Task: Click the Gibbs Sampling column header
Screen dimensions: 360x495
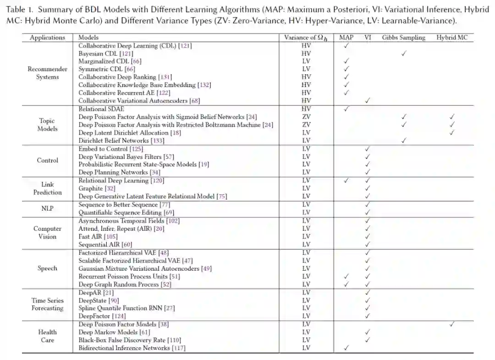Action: point(403,38)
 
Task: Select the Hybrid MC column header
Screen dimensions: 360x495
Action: point(452,38)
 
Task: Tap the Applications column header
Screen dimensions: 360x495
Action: point(47,38)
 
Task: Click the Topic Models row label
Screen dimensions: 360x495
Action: point(47,125)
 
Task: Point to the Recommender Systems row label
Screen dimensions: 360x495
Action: point(47,73)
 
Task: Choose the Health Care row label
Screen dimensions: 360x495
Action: point(47,336)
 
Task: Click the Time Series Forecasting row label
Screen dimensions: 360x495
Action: point(47,304)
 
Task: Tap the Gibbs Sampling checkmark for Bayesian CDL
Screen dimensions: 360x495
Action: point(404,54)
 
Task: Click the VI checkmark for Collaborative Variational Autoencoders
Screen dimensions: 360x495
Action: point(367,101)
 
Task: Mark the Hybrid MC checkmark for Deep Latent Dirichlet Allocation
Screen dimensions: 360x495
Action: point(452,133)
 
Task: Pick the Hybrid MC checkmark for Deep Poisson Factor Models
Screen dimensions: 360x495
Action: point(452,324)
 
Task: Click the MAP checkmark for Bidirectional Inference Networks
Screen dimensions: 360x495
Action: point(346,348)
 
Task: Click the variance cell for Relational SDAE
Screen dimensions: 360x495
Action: point(306,109)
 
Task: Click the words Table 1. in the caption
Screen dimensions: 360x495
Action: point(18,10)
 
